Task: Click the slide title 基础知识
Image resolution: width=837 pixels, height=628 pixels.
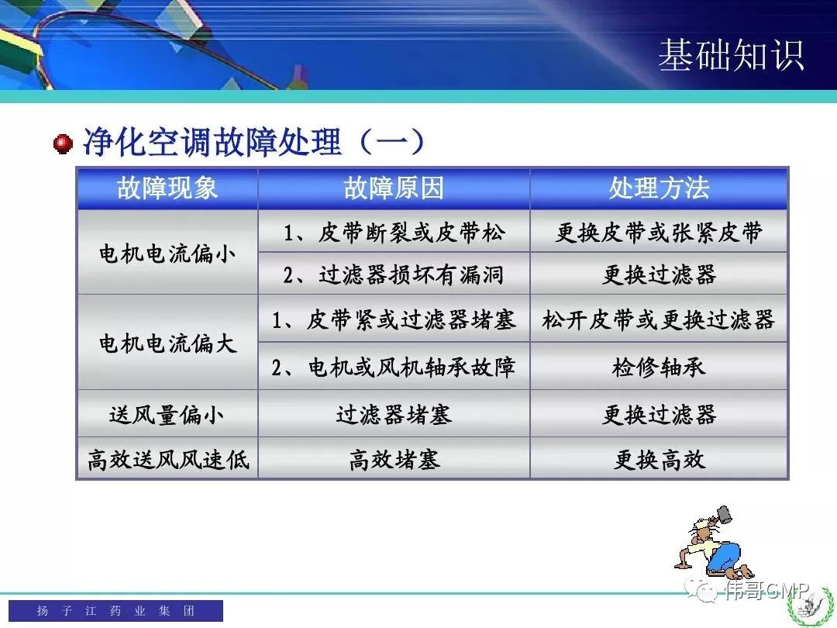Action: pyautogui.click(x=731, y=55)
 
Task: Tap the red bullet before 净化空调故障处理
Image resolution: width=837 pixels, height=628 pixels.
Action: pyautogui.click(x=63, y=143)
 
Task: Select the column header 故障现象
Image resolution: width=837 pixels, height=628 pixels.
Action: pyautogui.click(x=167, y=188)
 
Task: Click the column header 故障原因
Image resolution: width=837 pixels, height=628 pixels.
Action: pyautogui.click(x=394, y=188)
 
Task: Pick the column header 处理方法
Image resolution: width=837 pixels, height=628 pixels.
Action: pyautogui.click(x=660, y=188)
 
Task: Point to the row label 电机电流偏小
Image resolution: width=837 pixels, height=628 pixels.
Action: pyautogui.click(x=167, y=253)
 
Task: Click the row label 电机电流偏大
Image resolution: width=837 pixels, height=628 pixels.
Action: pyautogui.click(x=167, y=343)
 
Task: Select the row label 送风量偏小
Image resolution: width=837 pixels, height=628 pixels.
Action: pyautogui.click(x=167, y=414)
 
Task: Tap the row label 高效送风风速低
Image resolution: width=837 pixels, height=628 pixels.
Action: pyautogui.click(x=167, y=459)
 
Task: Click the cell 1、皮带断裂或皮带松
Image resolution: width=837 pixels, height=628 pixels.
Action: pyautogui.click(x=394, y=233)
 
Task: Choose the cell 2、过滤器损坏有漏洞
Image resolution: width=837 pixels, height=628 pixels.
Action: pyautogui.click(x=394, y=274)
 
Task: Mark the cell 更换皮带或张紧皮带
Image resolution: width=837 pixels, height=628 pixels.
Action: pyautogui.click(x=660, y=233)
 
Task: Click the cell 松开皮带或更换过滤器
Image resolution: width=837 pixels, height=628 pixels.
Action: pyautogui.click(x=659, y=320)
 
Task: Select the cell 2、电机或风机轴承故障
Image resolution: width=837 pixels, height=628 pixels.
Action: pyautogui.click(x=394, y=367)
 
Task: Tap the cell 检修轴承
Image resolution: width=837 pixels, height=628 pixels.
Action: pyautogui.click(x=660, y=367)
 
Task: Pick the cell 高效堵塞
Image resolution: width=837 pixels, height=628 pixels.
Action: pyautogui.click(x=394, y=459)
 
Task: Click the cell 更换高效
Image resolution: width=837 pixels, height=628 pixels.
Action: pyautogui.click(x=660, y=459)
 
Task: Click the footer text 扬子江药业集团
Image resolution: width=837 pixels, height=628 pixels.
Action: pyautogui.click(x=115, y=610)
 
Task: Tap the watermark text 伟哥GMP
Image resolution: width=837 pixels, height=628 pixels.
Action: pyautogui.click(x=766, y=589)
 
